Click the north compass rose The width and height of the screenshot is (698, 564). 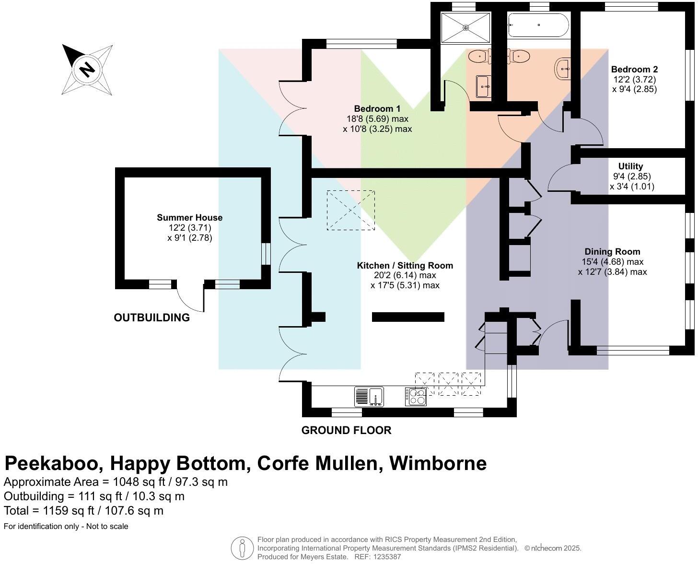point(87,70)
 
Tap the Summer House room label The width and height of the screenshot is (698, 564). point(189,218)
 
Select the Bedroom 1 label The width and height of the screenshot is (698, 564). point(377,109)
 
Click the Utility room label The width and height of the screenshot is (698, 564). point(630,166)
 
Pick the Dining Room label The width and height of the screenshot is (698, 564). point(612,252)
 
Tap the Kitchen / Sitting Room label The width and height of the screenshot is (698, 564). point(405,266)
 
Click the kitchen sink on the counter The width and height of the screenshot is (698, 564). point(369,397)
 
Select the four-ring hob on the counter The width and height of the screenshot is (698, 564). point(416,397)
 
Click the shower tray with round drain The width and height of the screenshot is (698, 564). point(465,28)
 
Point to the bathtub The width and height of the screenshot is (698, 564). point(538,25)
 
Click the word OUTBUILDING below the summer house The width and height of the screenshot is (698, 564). point(151,317)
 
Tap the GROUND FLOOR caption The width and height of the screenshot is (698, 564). point(346,430)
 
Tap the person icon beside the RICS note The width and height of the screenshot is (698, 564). point(242,548)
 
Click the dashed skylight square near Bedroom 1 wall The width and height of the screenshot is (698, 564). point(350,210)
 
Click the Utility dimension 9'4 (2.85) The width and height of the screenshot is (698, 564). point(631,176)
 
